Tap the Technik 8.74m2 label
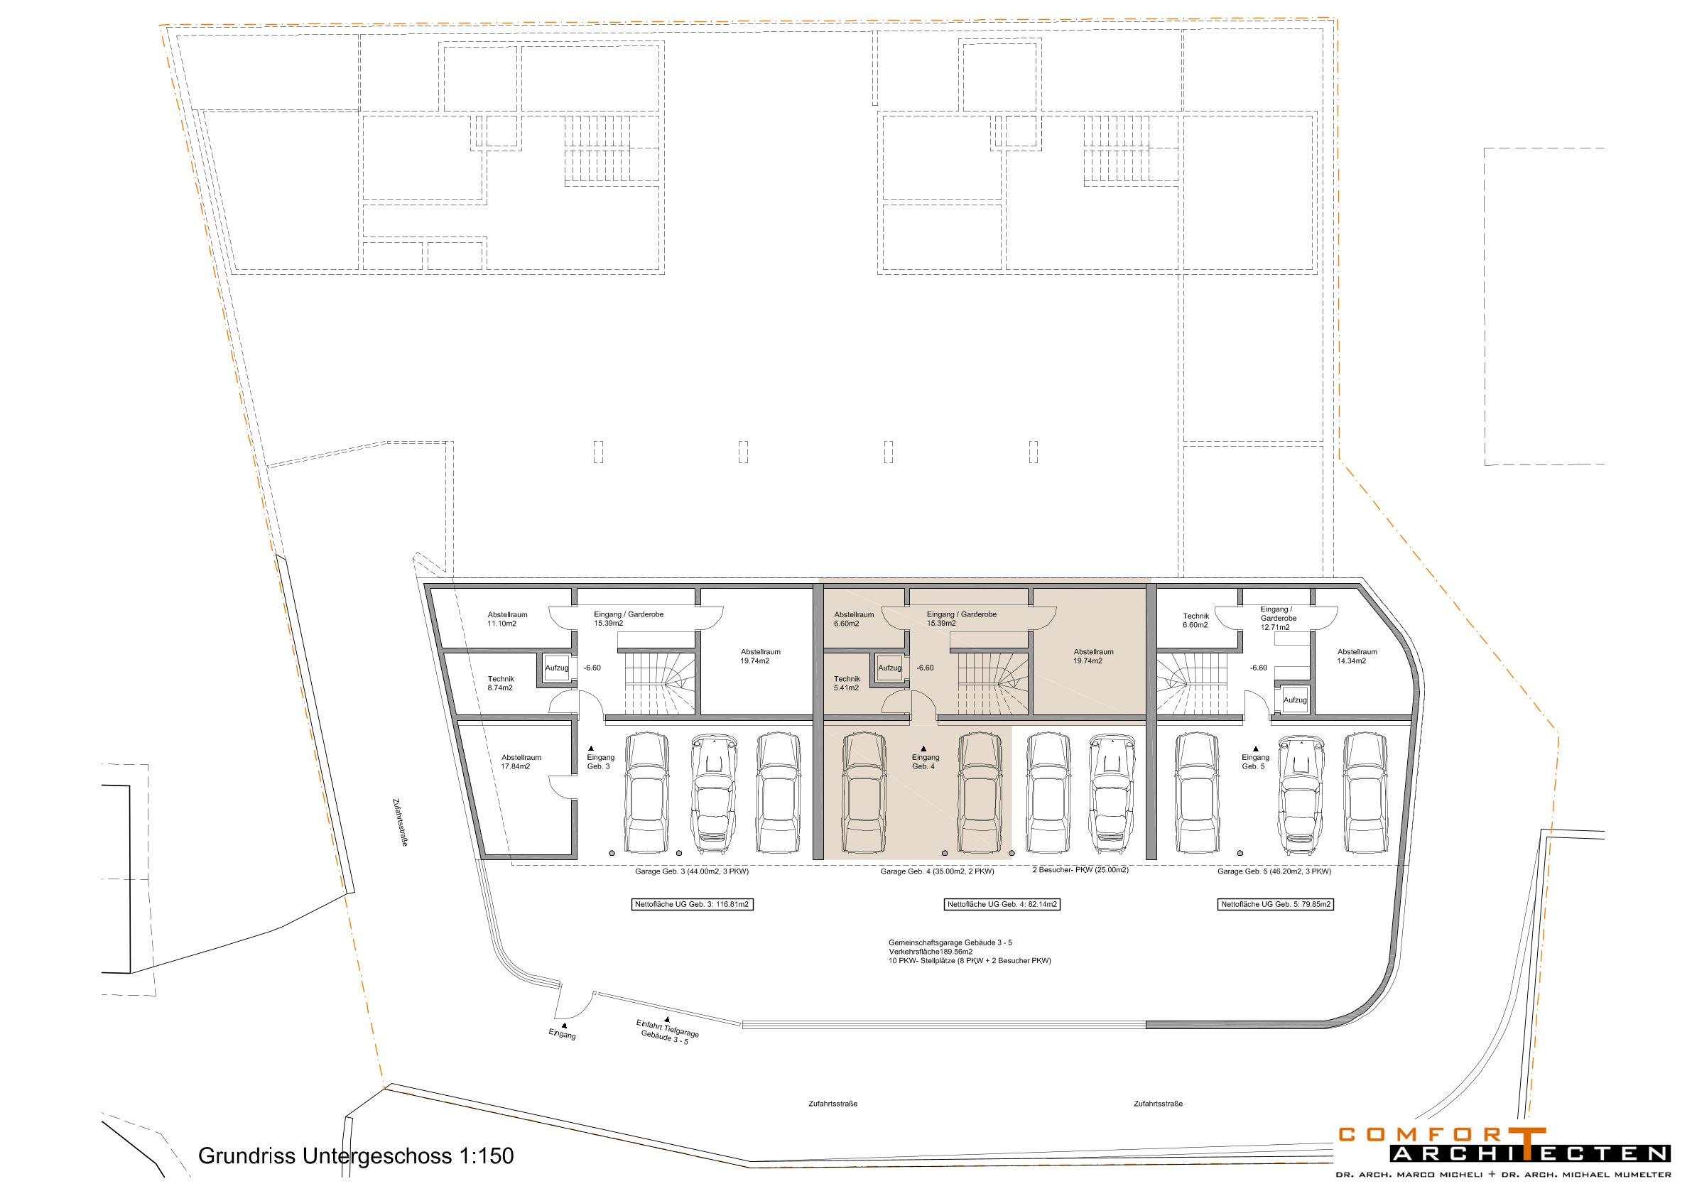click(x=500, y=683)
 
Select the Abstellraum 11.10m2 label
click(x=507, y=619)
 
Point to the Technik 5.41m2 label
click(x=847, y=683)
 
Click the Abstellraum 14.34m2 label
click(x=1357, y=656)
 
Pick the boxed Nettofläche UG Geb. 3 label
click(x=692, y=904)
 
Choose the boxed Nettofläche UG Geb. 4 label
click(x=1002, y=904)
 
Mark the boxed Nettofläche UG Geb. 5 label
click(x=1276, y=904)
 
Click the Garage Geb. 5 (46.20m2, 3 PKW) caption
click(x=1274, y=871)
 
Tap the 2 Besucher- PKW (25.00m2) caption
click(x=1080, y=869)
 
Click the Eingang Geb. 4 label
click(x=925, y=762)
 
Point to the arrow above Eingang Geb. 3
click(x=591, y=749)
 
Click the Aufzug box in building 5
click(x=1294, y=700)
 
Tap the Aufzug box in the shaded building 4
click(x=889, y=668)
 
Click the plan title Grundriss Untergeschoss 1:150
click(x=356, y=1156)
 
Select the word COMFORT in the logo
click(x=1442, y=1135)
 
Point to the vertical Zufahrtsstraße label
click(x=400, y=822)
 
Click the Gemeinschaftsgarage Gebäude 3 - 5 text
click(x=950, y=942)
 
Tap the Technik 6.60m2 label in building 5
click(x=1195, y=621)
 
